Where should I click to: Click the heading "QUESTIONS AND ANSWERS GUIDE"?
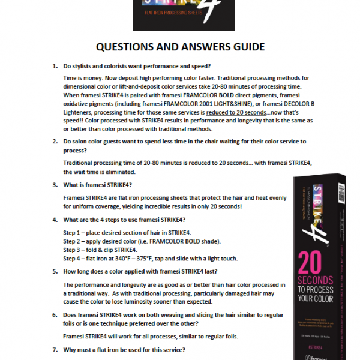tap(180, 47)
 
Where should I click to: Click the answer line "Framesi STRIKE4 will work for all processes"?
tap(137, 336)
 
